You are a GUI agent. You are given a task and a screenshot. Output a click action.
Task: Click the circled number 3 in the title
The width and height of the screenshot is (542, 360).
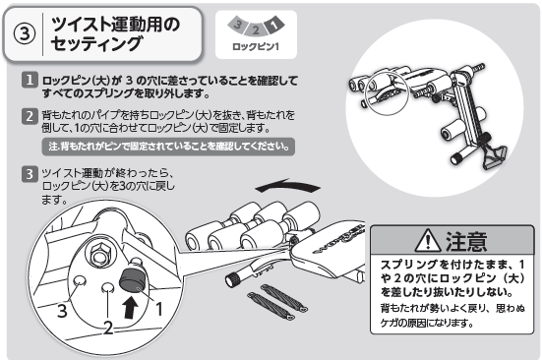pyautogui.click(x=25, y=33)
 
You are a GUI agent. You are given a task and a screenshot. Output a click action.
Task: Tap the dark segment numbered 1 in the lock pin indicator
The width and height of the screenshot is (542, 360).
pyautogui.click(x=274, y=25)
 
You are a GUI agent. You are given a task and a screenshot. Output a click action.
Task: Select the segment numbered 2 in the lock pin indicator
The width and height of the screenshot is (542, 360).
pyautogui.click(x=256, y=30)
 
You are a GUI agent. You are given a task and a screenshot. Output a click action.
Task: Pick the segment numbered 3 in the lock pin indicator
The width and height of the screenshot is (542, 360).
pyautogui.click(x=238, y=25)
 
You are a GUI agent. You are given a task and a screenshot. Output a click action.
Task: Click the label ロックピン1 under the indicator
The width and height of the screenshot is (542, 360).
pyautogui.click(x=256, y=46)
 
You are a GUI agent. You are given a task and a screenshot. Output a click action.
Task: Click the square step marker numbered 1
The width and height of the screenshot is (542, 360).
pyautogui.click(x=30, y=80)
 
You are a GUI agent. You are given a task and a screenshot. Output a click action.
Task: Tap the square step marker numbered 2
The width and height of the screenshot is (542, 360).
pyautogui.click(x=30, y=116)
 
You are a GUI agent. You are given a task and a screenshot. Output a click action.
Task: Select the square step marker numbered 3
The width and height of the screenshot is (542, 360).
pyautogui.click(x=30, y=174)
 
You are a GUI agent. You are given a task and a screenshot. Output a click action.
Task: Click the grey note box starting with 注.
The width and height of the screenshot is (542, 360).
pyautogui.click(x=168, y=147)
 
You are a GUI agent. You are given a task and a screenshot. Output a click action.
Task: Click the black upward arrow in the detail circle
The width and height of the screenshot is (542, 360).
pyautogui.click(x=130, y=308)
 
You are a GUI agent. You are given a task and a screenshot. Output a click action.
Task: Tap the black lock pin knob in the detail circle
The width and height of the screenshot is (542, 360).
pyautogui.click(x=134, y=278)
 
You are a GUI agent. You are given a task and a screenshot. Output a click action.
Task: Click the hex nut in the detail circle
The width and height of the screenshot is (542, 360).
pyautogui.click(x=100, y=255)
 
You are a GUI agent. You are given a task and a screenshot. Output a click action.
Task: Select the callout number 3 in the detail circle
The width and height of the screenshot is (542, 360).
pyautogui.click(x=62, y=310)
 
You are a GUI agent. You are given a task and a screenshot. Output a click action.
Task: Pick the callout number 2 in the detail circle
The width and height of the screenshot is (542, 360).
pyautogui.click(x=108, y=327)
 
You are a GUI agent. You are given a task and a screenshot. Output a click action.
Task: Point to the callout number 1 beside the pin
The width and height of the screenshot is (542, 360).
pyautogui.click(x=158, y=309)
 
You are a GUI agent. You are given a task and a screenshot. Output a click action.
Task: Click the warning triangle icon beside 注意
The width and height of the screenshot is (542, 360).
pyautogui.click(x=428, y=240)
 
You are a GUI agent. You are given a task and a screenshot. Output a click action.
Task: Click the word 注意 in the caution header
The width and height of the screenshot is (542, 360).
pyautogui.click(x=466, y=241)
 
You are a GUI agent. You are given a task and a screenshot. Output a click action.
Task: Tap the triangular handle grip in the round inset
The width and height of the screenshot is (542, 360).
pyautogui.click(x=495, y=157)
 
